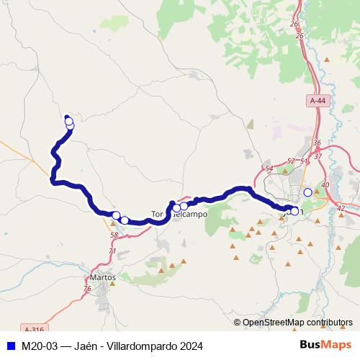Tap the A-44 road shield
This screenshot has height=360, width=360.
click(x=318, y=102)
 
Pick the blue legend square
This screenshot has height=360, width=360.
click(x=10, y=346)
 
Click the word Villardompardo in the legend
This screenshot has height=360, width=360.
click(x=143, y=346)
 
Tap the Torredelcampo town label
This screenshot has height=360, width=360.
click(x=179, y=215)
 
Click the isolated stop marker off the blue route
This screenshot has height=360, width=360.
click(x=308, y=192)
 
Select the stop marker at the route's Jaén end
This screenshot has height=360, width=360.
click(x=294, y=211)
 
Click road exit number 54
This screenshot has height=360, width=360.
click(x=269, y=168)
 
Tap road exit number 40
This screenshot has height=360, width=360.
click(x=325, y=185)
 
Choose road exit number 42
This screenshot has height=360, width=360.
click(x=341, y=208)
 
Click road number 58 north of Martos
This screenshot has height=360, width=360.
click(x=114, y=235)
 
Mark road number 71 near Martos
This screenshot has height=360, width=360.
click(x=112, y=251)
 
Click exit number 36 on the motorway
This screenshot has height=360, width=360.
click(x=317, y=143)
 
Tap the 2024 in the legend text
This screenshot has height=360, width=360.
click(x=191, y=346)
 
